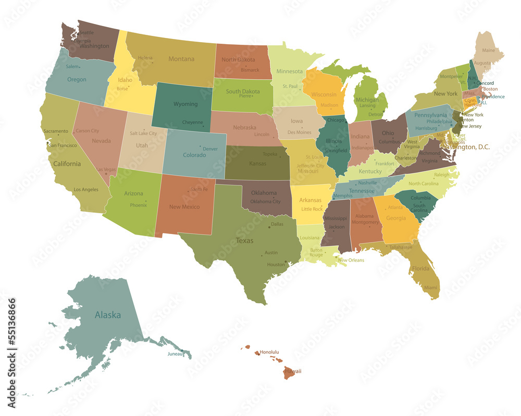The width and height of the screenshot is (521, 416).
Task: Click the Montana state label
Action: (x=181, y=59)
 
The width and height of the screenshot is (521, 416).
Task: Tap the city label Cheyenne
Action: (x=192, y=122)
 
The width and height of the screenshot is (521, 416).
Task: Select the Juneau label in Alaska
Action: (x=175, y=354)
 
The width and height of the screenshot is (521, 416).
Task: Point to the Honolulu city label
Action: (x=269, y=352)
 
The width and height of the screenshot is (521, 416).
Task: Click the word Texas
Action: (x=244, y=241)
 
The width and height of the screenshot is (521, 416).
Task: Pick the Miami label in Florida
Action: (x=430, y=288)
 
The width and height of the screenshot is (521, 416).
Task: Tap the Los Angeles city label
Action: (x=86, y=190)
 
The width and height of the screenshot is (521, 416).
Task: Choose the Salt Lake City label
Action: (x=143, y=134)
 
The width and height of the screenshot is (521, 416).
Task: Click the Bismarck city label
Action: (x=250, y=70)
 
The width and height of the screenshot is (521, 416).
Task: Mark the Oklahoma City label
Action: (x=265, y=202)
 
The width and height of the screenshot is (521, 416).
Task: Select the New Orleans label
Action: (x=351, y=260)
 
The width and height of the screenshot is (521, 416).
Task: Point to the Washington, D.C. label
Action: (x=466, y=147)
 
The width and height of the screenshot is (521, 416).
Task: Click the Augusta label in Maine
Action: (x=482, y=63)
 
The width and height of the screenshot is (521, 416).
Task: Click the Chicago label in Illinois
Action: (x=337, y=120)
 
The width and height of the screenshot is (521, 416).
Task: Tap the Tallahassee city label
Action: (x=400, y=248)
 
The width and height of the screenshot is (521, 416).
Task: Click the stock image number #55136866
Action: (x=11, y=343)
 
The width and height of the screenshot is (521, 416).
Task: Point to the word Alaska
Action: (x=108, y=315)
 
